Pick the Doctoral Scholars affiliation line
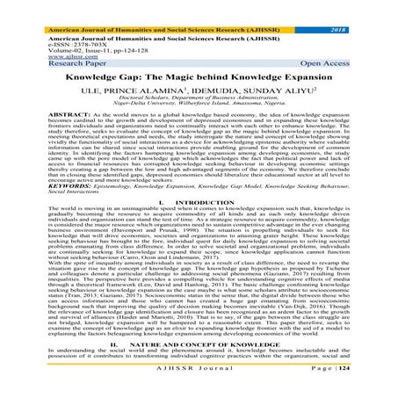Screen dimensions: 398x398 pyautogui.click(x=199, y=90)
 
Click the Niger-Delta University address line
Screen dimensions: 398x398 pyautogui.click(x=199, y=96)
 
